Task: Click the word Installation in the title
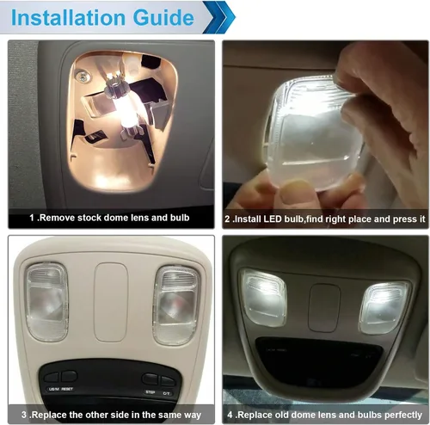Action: click(68, 18)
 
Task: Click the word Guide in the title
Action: click(163, 18)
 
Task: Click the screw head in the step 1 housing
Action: click(83, 77)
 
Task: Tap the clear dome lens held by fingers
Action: click(312, 132)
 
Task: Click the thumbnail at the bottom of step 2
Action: click(293, 195)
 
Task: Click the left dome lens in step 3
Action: click(46, 302)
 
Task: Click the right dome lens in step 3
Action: click(176, 305)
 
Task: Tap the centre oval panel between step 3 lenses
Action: click(111, 302)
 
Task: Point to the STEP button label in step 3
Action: click(150, 392)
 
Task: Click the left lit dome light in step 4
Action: click(264, 297)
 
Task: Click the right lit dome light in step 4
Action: click(384, 308)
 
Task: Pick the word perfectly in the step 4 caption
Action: click(403, 416)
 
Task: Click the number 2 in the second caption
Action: click(227, 219)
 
